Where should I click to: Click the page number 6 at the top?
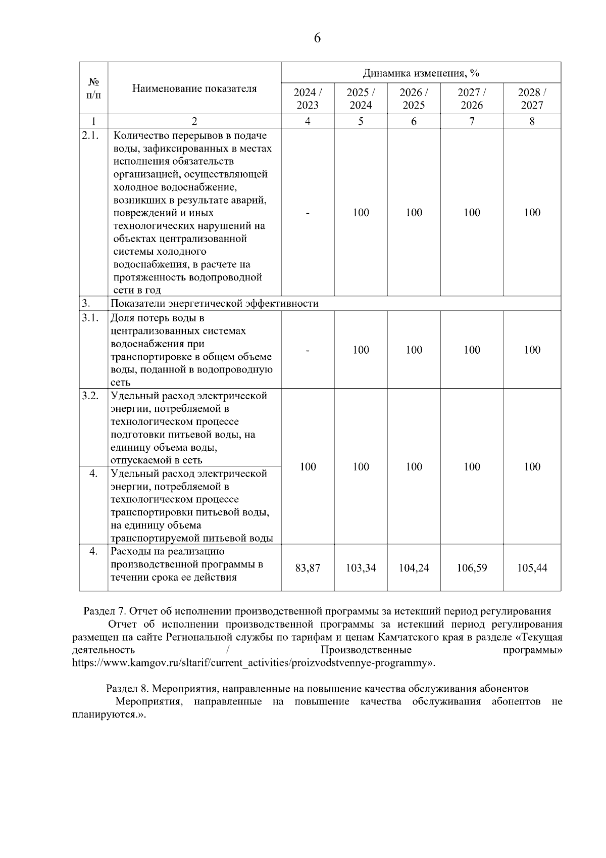[x=317, y=38]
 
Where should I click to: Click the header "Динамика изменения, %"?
[x=421, y=73]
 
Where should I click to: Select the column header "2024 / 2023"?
[x=308, y=99]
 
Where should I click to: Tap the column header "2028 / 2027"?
[x=532, y=99]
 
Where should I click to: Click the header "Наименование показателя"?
[x=194, y=89]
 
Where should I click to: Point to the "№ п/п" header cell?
[x=93, y=88]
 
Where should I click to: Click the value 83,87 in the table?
[x=308, y=568]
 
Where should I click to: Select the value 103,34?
[x=361, y=568]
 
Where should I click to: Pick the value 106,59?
[x=472, y=568]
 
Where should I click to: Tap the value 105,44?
[x=532, y=568]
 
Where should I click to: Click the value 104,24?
[x=414, y=568]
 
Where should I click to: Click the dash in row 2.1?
[x=308, y=213]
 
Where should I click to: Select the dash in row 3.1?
[x=308, y=350]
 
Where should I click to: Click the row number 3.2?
[x=90, y=396]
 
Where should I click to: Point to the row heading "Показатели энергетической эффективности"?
[x=215, y=304]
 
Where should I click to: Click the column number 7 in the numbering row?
[x=472, y=121]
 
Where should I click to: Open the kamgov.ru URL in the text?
[x=252, y=662]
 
